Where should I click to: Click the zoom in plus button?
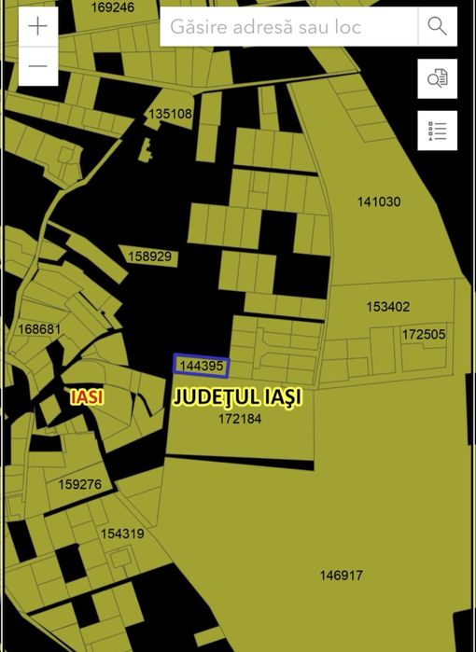(37, 26)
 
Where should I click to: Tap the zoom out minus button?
(37, 66)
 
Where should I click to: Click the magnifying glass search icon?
(437, 26)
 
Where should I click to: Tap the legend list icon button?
(437, 131)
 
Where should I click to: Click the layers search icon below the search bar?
(437, 78)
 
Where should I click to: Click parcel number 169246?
(113, 7)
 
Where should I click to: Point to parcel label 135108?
(170, 115)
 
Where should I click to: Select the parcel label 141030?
(378, 201)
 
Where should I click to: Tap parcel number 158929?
(150, 256)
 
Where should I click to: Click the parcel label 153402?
(387, 307)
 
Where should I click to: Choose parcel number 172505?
(424, 334)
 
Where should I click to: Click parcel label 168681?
(39, 329)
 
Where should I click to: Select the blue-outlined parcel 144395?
(201, 366)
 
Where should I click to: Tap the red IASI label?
(87, 396)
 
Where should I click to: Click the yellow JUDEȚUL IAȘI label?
(238, 397)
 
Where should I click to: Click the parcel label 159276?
(79, 484)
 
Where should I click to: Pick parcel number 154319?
(122, 534)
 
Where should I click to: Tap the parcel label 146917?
(341, 576)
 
